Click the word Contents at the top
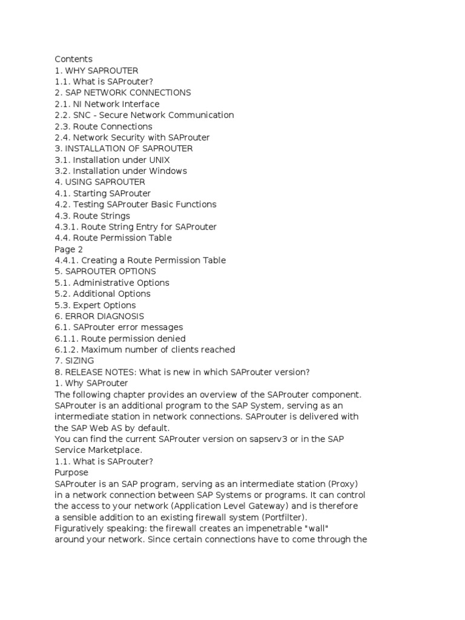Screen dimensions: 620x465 pyautogui.click(x=73, y=59)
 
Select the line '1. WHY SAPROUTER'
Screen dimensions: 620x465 pyautogui.click(x=96, y=70)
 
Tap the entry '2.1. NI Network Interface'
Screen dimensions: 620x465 pyautogui.click(x=107, y=104)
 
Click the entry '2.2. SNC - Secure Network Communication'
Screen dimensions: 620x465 pyautogui.click(x=144, y=115)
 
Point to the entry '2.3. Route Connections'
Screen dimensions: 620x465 pyautogui.click(x=104, y=127)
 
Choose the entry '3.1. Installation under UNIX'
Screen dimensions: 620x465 pyautogui.click(x=112, y=160)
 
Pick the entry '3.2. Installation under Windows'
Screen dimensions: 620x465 pyautogui.click(x=120, y=171)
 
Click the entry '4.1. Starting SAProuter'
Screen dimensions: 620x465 pyautogui.click(x=102, y=193)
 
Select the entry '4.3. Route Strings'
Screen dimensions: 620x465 pyautogui.click(x=92, y=216)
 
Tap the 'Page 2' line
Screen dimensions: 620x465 pyautogui.click(x=68, y=249)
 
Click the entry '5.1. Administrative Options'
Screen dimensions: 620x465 pyautogui.click(x=112, y=283)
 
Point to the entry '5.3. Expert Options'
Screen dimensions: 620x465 pyautogui.click(x=95, y=305)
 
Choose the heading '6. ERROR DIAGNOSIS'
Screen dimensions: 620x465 pyautogui.click(x=99, y=316)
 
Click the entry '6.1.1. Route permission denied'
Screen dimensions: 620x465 pyautogui.click(x=120, y=338)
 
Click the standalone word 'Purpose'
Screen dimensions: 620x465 pyautogui.click(x=71, y=472)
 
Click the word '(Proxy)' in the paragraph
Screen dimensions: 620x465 pyautogui.click(x=343, y=484)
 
